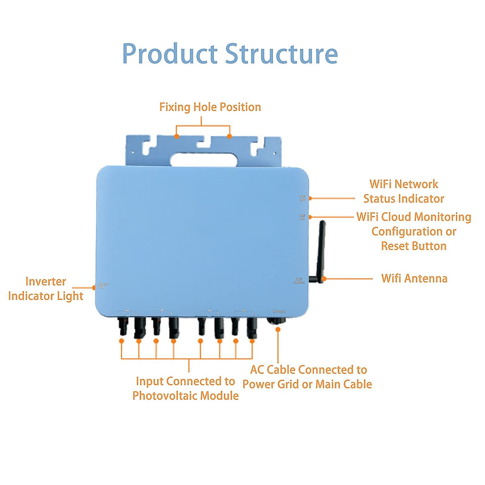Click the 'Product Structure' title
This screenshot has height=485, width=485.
230,54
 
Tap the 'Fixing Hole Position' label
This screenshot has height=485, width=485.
210,107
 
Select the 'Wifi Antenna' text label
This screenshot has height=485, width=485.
414,278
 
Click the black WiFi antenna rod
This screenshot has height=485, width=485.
322,247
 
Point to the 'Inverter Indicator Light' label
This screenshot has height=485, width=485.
46,289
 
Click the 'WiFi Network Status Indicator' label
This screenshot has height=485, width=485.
404,191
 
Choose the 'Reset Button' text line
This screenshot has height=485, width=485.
413,246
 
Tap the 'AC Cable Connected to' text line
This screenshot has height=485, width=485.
308,370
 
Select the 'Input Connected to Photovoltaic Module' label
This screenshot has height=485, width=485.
186,388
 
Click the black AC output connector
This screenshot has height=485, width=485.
276,321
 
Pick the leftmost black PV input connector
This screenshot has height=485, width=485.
122,326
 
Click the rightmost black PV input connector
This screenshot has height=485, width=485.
252,327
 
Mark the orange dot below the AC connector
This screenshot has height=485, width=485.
278,329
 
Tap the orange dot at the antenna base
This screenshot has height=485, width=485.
324,278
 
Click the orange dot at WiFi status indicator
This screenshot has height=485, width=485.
310,198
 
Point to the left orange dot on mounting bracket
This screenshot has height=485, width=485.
177,137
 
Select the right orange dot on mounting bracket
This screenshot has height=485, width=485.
230,137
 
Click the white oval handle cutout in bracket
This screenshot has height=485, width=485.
203,160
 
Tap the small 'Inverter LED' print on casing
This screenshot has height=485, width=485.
103,286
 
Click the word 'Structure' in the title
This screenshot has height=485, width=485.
281,54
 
